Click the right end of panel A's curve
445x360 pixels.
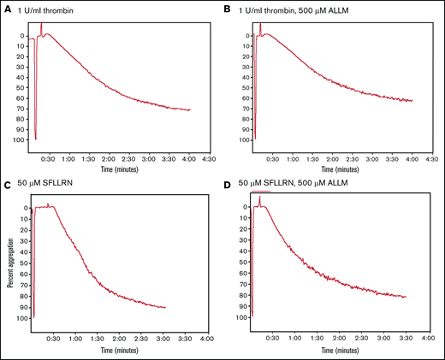190,109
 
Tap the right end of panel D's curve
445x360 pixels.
406,297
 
